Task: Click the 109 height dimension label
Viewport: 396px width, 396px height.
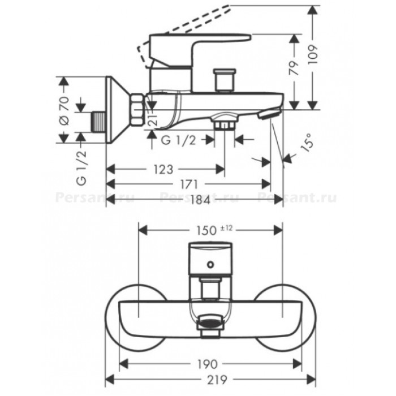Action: coord(313,55)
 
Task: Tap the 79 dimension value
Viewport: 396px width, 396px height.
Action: coord(294,68)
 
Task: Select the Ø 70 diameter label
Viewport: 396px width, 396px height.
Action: coord(64,110)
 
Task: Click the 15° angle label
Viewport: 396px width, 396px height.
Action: coord(307,143)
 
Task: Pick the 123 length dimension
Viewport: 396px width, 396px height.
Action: coord(163,170)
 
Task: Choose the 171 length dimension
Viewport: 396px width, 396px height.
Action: coord(189,184)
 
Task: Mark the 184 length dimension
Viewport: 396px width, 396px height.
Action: coord(200,200)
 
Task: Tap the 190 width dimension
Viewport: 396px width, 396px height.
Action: coord(207,364)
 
